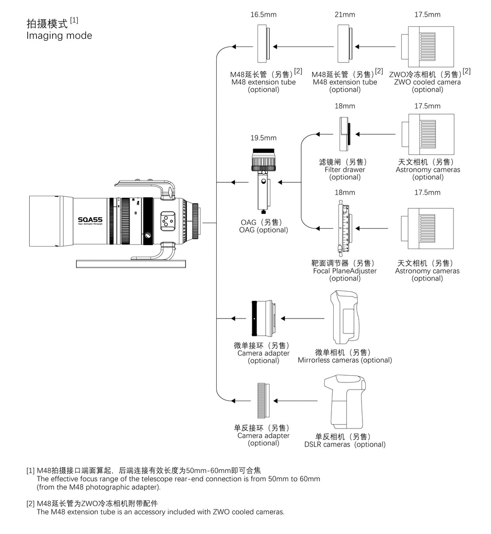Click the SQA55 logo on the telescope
click(90, 220)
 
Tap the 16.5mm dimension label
click(263, 15)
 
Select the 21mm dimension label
click(345, 15)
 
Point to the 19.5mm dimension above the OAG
click(263, 138)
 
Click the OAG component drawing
click(263, 180)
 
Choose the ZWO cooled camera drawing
click(427, 47)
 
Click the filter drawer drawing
click(345, 134)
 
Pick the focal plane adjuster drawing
click(345, 228)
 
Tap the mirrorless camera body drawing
click(345, 318)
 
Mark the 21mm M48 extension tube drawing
click(345, 44)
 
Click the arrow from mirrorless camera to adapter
click(303, 319)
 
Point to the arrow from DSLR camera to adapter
click(295, 401)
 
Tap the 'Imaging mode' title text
click(59, 36)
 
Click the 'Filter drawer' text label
click(345, 169)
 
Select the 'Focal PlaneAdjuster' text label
click(345, 271)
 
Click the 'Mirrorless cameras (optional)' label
click(345, 360)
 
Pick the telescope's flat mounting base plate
click(131, 263)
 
